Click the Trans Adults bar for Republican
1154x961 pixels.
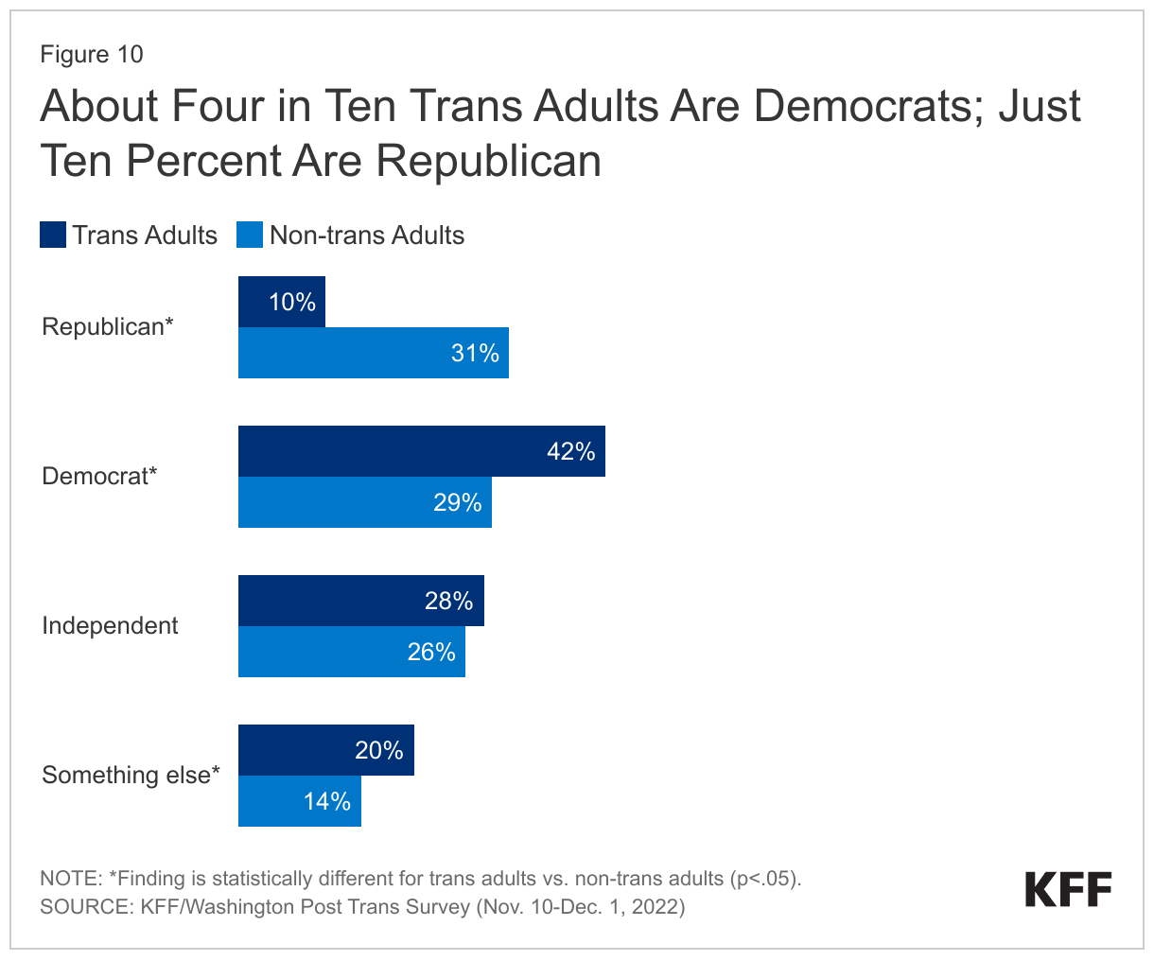pos(281,302)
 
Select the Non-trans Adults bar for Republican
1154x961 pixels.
pos(373,353)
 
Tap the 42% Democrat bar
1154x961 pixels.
pos(421,451)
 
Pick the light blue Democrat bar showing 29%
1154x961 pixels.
pos(364,502)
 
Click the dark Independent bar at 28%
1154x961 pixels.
pos(360,601)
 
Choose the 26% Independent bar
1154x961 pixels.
pos(351,652)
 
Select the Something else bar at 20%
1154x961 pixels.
pos(325,750)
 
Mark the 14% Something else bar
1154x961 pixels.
pos(299,801)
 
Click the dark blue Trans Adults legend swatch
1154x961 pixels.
pos(53,235)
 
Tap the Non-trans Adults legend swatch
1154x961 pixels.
pos(250,235)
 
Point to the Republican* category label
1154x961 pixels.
pos(108,327)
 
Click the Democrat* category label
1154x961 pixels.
pos(99,477)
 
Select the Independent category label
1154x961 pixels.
pos(110,626)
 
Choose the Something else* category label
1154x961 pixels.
pos(131,776)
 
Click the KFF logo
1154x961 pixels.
pos(1068,890)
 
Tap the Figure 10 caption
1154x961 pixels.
pos(92,54)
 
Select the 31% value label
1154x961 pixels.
pos(474,353)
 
